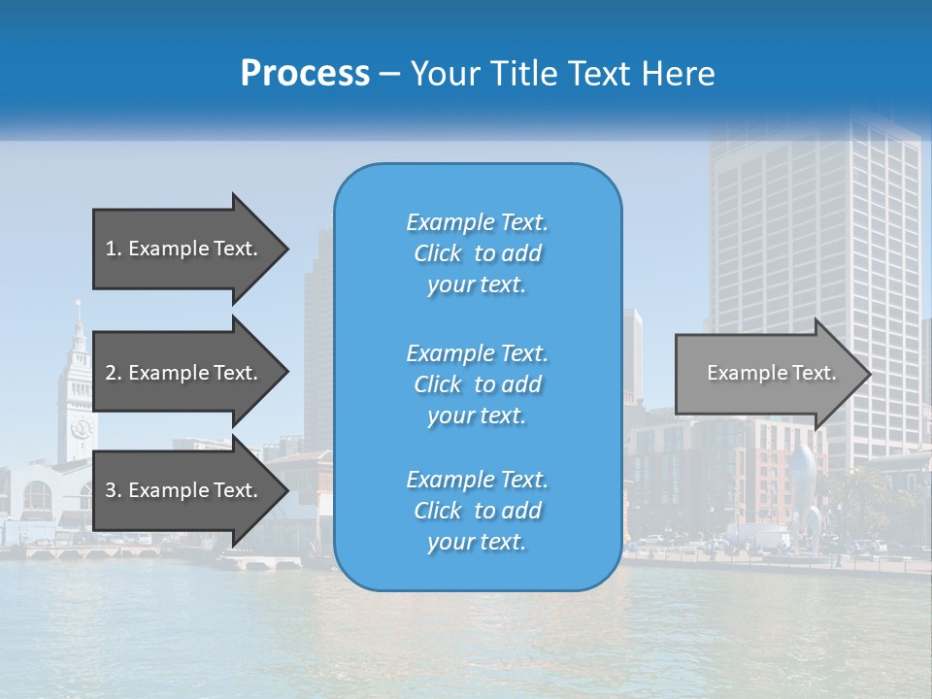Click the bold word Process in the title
pos(305,74)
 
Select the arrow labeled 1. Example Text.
pos(184,249)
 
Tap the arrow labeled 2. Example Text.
pos(184,373)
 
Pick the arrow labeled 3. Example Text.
pos(184,490)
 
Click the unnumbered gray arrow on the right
pos(767,374)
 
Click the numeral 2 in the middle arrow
pos(111,373)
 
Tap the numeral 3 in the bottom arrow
pos(111,490)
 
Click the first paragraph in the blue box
pos(477,253)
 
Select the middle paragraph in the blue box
pos(477,383)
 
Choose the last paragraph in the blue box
pos(477,511)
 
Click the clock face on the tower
pos(80,427)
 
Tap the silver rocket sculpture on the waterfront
pos(802,485)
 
